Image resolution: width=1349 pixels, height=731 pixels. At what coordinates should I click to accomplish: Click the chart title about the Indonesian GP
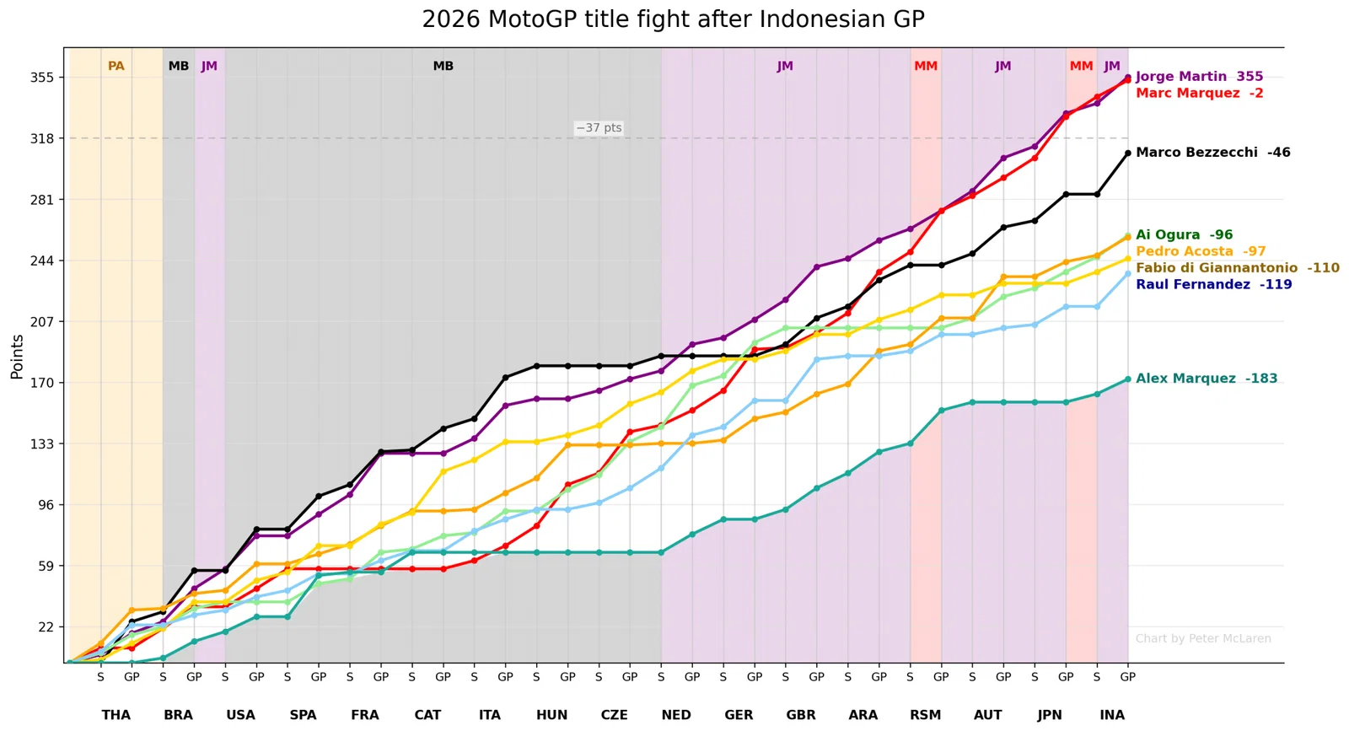coord(673,19)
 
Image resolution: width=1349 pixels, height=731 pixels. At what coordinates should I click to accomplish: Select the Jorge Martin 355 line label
coord(1199,77)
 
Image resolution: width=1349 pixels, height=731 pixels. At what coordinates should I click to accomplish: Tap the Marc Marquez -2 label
coord(1200,94)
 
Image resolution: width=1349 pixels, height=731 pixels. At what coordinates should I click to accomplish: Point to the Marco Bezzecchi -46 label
coord(1213,153)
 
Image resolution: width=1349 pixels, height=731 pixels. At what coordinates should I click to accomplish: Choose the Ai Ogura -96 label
coord(1184,235)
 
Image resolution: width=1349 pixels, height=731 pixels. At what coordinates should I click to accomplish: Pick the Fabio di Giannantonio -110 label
coord(1238,268)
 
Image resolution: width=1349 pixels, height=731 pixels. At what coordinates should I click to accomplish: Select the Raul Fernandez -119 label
coord(1214,284)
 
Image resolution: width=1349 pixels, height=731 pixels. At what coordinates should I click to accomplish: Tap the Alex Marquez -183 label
coord(1207,379)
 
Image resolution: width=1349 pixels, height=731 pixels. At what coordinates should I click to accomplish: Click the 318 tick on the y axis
coord(42,138)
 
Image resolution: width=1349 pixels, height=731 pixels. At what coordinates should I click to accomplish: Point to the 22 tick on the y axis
coord(46,626)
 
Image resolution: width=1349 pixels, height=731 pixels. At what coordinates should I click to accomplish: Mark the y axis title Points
coord(17,357)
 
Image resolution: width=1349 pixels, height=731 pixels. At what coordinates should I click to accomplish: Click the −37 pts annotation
coord(599,127)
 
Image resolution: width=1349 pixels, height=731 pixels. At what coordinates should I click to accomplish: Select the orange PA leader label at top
coord(116,67)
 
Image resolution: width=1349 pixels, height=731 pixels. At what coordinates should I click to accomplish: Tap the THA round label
coord(116,715)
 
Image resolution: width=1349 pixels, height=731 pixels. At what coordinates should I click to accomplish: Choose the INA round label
coord(1112,715)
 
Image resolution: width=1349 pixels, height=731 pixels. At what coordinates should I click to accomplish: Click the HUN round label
coord(551,715)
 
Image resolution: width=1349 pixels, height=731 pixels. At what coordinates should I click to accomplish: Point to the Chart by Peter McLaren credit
coord(1203,639)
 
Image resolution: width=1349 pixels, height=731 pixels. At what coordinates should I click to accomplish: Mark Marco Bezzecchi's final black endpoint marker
coord(1128,153)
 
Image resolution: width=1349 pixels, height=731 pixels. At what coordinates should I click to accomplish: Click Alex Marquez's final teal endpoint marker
coord(1128,379)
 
